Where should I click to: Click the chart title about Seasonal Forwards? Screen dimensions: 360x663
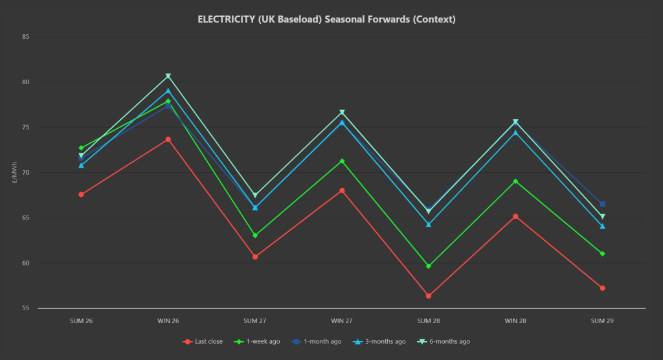tap(326, 19)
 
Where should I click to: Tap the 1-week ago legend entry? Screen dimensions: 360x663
tap(262, 341)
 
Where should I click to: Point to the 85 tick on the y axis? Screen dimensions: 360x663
tap(26, 37)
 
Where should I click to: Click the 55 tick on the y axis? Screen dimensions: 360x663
tap(26, 308)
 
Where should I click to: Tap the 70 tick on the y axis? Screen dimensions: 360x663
tap(26, 173)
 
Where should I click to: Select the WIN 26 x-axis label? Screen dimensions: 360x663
tap(168, 321)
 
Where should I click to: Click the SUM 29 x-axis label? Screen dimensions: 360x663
tap(602, 321)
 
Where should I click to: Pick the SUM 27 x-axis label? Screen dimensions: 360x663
tap(255, 321)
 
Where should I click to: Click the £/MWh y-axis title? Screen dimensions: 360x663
tap(14, 173)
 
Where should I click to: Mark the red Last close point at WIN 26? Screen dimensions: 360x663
tap(168, 139)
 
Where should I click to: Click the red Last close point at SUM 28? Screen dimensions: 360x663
tap(429, 296)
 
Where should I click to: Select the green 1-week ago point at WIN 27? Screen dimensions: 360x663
tap(342, 161)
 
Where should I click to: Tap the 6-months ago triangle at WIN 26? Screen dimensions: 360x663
tap(168, 76)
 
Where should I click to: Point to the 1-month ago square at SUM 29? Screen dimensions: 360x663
tap(602, 204)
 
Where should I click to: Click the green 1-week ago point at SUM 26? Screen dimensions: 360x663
tap(81, 148)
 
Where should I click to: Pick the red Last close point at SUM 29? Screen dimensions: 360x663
tap(602, 288)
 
